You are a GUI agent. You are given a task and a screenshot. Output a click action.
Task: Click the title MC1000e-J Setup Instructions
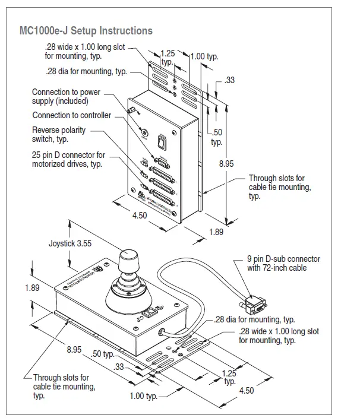[x=86, y=30]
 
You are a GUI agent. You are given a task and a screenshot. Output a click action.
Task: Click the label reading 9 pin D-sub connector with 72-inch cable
[x=283, y=263]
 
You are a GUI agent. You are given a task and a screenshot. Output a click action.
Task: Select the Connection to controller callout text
[x=71, y=115]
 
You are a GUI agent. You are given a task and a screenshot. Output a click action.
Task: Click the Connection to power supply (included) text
[x=66, y=97]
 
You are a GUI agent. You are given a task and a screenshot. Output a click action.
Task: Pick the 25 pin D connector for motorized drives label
[x=68, y=160]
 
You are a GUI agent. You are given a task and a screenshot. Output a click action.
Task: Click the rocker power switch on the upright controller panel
[x=160, y=142]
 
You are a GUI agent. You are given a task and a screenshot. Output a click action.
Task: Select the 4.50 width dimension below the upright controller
[x=138, y=216]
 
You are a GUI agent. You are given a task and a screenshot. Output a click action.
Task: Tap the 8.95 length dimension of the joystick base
[x=74, y=350]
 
